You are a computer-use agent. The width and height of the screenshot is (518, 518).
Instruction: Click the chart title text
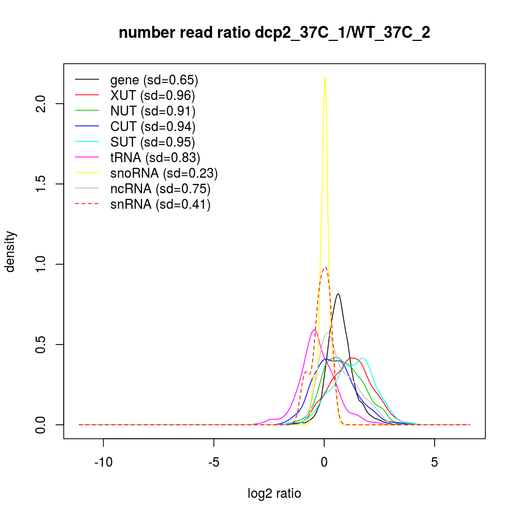click(275, 33)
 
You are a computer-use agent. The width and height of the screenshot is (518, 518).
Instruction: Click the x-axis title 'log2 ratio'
click(275, 494)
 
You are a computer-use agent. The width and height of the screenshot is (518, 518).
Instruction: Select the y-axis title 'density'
click(10, 251)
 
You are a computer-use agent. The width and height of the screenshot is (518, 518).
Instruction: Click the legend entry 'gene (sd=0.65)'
click(154, 80)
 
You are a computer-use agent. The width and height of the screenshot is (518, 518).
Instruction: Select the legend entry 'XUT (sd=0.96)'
click(152, 95)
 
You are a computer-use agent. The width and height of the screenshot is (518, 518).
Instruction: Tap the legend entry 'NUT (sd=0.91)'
click(153, 111)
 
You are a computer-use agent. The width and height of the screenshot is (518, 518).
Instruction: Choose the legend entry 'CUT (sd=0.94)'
click(153, 126)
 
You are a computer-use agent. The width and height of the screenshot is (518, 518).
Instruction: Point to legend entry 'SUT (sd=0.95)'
click(153, 142)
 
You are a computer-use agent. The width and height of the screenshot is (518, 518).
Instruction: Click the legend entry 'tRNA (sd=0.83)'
click(155, 157)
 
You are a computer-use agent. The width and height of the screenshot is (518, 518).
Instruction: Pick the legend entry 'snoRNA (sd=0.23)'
click(164, 173)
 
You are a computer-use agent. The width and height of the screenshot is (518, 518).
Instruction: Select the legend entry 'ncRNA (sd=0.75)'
click(160, 189)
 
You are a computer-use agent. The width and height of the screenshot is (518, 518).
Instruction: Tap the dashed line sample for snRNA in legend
click(87, 204)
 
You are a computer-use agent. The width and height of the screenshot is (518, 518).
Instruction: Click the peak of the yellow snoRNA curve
click(324, 78)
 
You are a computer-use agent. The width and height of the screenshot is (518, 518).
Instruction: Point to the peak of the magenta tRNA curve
click(314, 329)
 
